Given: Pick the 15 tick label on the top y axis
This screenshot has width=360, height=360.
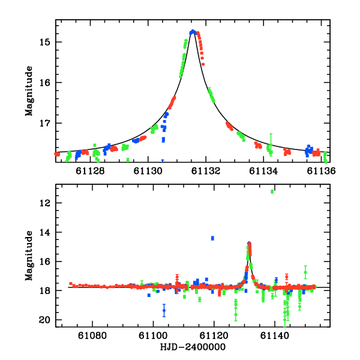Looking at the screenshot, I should point(46,42).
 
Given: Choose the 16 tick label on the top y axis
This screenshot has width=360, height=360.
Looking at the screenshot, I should point(46,83).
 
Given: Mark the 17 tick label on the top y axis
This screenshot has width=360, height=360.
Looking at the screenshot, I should point(46,123).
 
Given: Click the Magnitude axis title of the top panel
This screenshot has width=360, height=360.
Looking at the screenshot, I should point(28,90).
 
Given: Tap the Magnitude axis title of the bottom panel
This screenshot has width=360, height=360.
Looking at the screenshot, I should point(28,255).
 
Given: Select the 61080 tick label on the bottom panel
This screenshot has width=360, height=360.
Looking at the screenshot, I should point(93,335).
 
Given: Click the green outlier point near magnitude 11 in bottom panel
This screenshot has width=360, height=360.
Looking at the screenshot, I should point(272,191).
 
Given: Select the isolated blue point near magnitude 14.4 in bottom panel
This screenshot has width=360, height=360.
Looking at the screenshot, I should point(212,238).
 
